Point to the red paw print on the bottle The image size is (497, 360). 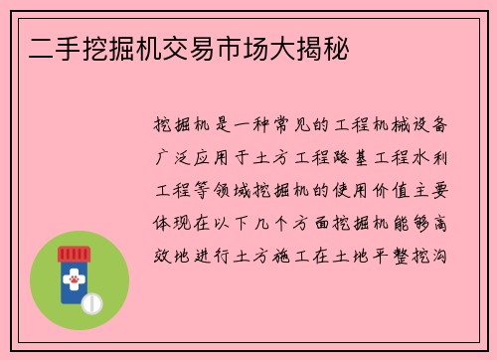(74, 282)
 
